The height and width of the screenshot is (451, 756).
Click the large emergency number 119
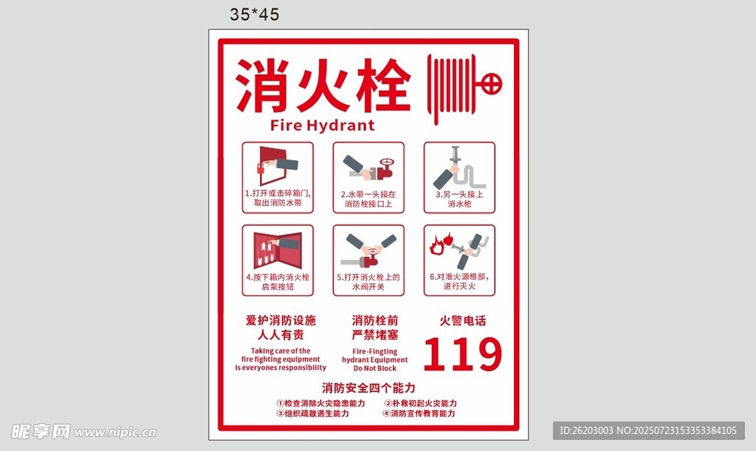[x=463, y=354]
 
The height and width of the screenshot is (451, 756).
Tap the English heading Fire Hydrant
[x=322, y=125]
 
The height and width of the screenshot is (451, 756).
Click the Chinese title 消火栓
[x=323, y=86]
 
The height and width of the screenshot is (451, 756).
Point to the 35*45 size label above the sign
[x=255, y=15]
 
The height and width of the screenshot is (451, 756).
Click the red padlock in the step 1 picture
[x=261, y=168]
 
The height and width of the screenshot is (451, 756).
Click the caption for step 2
[x=368, y=199]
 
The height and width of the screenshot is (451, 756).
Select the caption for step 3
[x=459, y=199]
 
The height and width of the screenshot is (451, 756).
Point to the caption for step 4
[x=278, y=282]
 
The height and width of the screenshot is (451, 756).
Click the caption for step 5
[x=368, y=282]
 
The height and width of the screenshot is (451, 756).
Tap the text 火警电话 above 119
[x=463, y=321]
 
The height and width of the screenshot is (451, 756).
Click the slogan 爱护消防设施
[x=281, y=320]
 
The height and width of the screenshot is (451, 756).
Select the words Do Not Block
[x=374, y=368]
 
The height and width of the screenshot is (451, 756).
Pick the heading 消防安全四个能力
[x=369, y=388]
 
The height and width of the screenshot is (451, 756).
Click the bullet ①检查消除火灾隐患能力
[x=320, y=403]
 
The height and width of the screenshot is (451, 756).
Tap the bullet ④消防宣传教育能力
[x=419, y=413]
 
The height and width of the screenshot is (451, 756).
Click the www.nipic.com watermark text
[x=114, y=433]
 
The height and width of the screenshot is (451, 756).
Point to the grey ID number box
[x=648, y=430]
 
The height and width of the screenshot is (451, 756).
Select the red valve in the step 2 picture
[x=385, y=168]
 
